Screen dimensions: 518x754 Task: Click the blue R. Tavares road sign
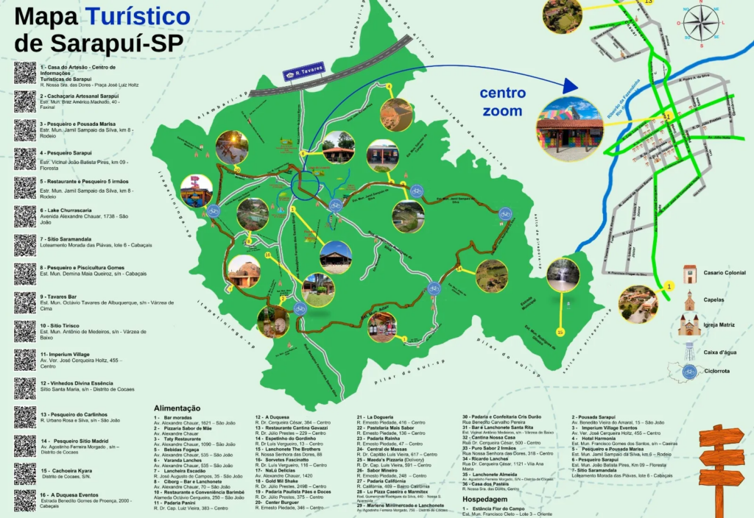tap(304, 70)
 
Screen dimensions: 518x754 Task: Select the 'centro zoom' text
tap(503, 102)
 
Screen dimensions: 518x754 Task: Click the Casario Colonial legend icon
tap(689, 274)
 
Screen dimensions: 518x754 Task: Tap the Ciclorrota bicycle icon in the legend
tap(689, 372)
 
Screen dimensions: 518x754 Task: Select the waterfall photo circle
tap(563, 274)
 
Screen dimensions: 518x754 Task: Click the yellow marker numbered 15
tap(560, 333)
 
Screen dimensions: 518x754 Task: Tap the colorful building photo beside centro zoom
tap(570, 129)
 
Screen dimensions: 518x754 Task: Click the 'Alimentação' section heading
tap(177, 408)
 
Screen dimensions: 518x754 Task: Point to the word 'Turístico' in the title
tap(137, 16)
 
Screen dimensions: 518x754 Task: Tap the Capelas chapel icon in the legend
tap(689, 300)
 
